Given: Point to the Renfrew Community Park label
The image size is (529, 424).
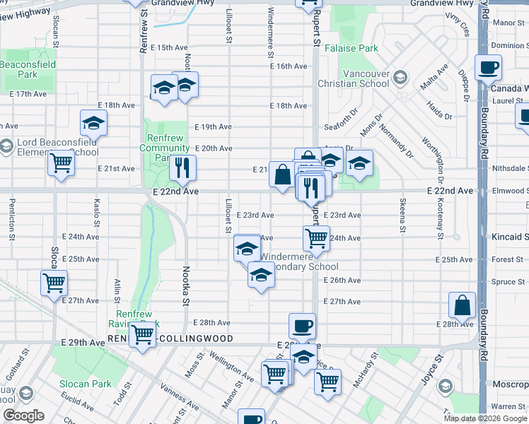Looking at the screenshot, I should [x=164, y=143].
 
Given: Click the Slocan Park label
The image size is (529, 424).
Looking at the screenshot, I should [x=85, y=384].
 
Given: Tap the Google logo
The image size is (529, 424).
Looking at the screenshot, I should [x=23, y=416].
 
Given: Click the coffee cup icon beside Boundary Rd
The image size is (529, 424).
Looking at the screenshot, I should [x=488, y=69].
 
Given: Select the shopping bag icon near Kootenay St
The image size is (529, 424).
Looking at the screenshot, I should [x=462, y=305].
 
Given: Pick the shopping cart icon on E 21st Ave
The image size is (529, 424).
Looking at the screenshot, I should [x=61, y=163].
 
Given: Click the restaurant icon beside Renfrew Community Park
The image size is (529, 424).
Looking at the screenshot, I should [x=182, y=167].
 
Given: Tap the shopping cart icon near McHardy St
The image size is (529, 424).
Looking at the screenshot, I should [x=327, y=381].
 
